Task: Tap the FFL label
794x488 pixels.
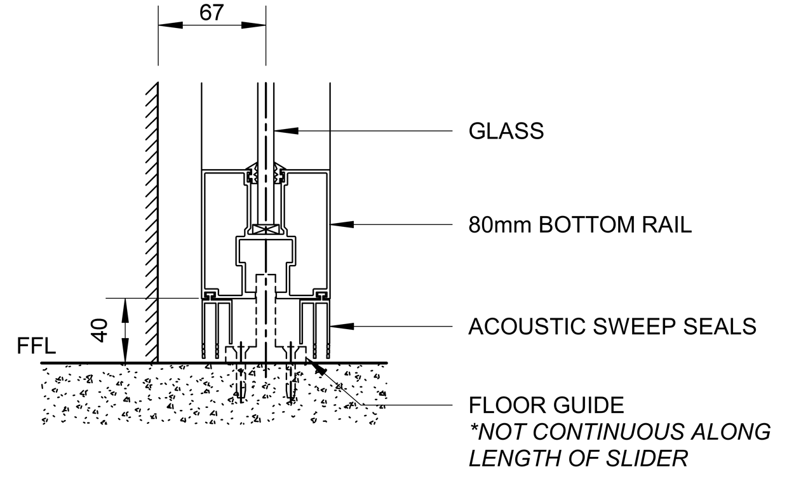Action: [x=36, y=347]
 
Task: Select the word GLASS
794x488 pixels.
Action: [x=506, y=131]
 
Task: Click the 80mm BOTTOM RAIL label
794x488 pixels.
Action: [x=580, y=225]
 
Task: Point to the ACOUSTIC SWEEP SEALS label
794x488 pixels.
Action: [x=612, y=326]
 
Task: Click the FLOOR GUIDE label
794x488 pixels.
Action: [x=546, y=404]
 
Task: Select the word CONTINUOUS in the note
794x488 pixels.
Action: [x=602, y=431]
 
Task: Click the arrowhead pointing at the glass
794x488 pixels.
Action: [x=286, y=131]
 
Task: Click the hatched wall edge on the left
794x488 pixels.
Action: [x=151, y=222]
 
